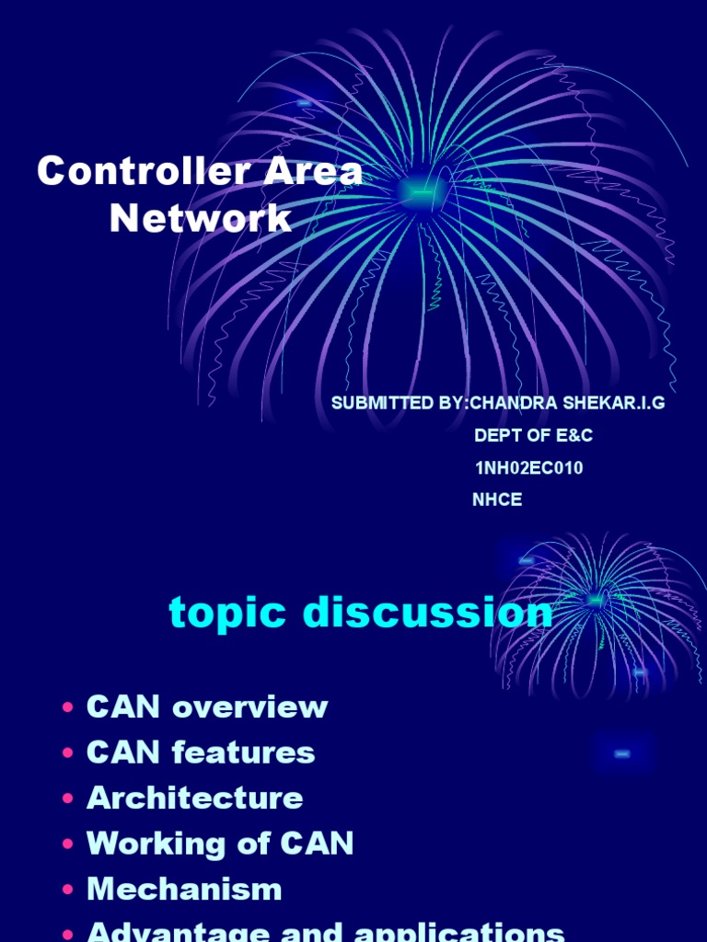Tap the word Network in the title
coord(200,219)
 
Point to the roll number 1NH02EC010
coord(528,468)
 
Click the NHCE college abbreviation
coord(497,500)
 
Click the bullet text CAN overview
coord(207,707)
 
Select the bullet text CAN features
coord(201,752)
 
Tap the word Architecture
coord(194,798)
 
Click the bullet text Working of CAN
coord(220,844)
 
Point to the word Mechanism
coord(184,890)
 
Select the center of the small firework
coord(596,600)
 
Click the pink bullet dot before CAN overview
coord(68,709)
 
